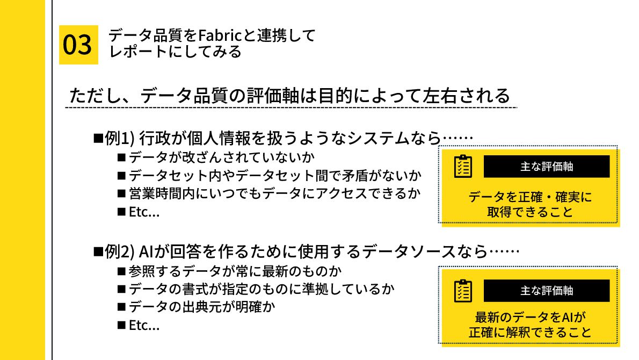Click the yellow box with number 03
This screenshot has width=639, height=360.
(x=78, y=45)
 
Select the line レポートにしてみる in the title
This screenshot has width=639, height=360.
(x=175, y=52)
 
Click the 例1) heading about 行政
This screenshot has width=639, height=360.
(x=283, y=138)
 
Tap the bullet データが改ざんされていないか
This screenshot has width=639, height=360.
(x=221, y=157)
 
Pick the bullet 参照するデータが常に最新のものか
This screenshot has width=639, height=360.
(x=235, y=270)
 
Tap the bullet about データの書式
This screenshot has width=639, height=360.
(x=262, y=289)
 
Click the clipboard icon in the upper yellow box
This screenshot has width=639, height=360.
(x=463, y=167)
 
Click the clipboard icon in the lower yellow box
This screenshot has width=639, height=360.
(x=463, y=291)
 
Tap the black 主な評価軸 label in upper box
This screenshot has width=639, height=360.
(x=547, y=167)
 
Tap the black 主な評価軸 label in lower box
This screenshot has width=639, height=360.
(x=547, y=291)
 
